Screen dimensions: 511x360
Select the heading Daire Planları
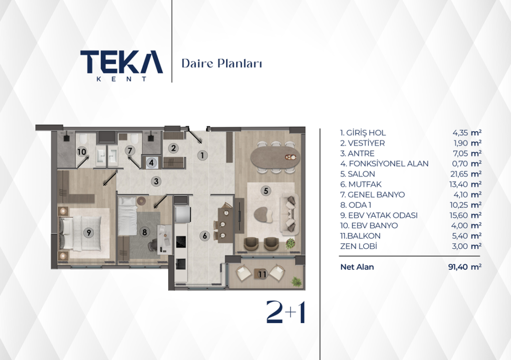click(x=222, y=63)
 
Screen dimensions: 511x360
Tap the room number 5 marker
click(x=266, y=191)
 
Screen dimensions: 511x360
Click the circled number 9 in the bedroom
click(x=88, y=232)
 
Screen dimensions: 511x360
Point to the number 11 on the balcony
click(x=262, y=274)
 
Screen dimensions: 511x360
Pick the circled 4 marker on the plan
click(x=151, y=162)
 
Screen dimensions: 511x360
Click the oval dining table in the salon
click(x=275, y=157)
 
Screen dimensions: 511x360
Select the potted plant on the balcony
click(x=296, y=281)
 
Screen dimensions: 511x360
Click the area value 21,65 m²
click(x=467, y=174)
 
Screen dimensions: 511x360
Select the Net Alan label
click(x=357, y=267)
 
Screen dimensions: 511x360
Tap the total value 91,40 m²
click(x=465, y=267)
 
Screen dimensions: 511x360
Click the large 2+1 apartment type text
click(x=286, y=312)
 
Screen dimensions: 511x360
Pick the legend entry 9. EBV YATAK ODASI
click(x=379, y=215)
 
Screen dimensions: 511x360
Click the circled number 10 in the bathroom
click(x=82, y=152)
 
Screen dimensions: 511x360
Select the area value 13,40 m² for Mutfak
click(x=466, y=184)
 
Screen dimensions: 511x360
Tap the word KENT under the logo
click(x=121, y=79)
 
